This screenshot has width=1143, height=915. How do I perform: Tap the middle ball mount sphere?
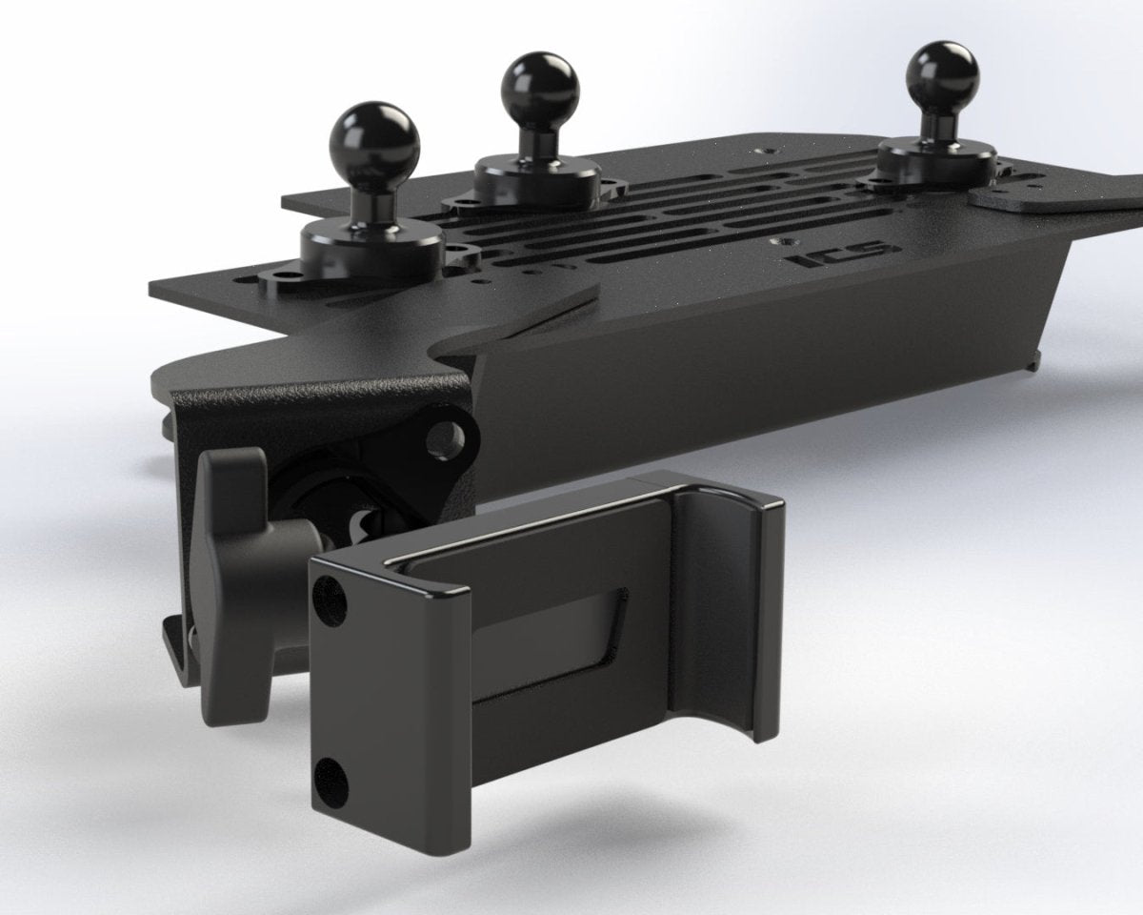[541, 84]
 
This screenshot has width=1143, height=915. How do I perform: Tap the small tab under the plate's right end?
[1036, 363]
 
